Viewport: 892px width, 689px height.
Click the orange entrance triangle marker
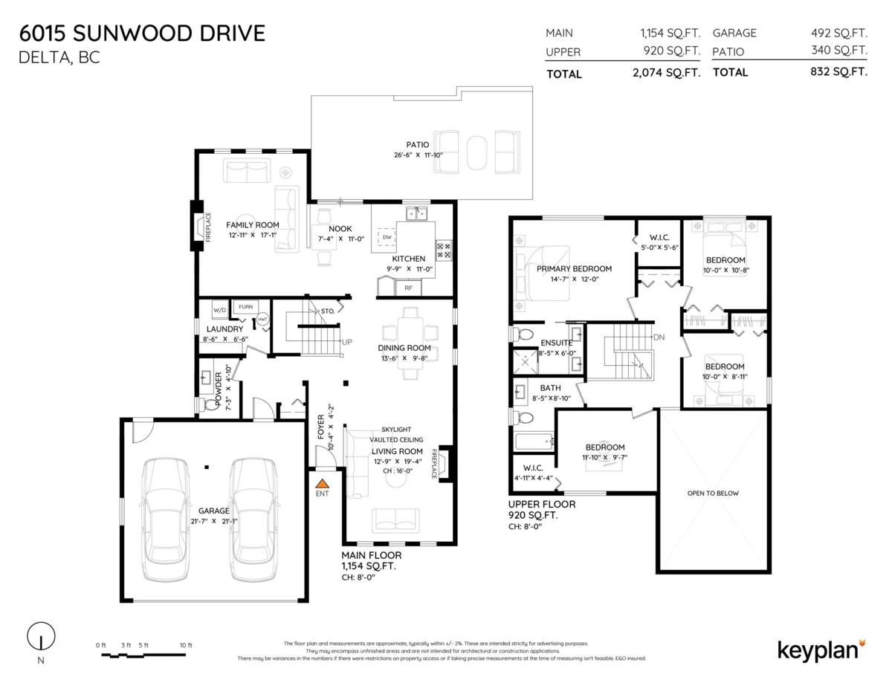323,483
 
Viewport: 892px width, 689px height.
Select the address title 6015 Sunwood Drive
142,33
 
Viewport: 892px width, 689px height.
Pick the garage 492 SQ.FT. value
839,33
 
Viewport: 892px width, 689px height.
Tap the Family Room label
253,225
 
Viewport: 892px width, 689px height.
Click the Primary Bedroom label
574,268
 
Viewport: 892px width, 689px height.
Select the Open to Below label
713,493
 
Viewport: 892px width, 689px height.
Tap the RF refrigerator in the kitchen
408,288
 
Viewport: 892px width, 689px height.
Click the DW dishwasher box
387,237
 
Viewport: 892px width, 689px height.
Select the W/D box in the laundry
219,310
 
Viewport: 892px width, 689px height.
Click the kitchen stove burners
444,250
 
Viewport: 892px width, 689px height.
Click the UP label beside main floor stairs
346,342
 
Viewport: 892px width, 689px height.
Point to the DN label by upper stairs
659,337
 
